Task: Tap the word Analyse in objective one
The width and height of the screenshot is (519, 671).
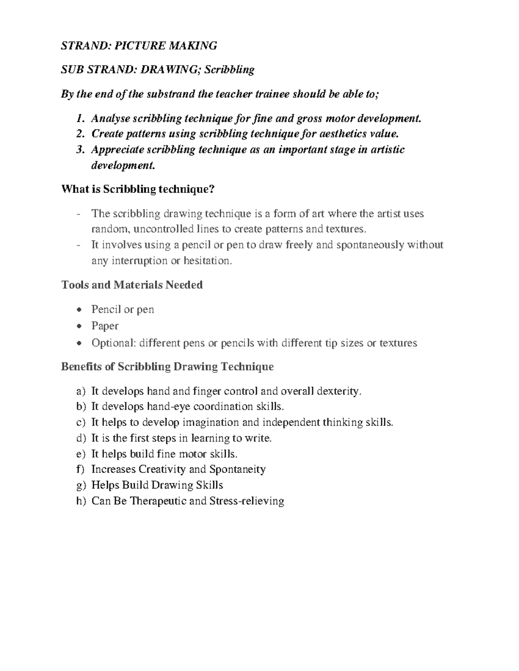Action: (x=111, y=118)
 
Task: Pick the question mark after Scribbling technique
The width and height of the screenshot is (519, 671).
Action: (x=211, y=189)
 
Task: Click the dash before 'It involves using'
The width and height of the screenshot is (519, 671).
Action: (x=78, y=245)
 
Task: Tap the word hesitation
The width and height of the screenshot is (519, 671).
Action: (x=208, y=261)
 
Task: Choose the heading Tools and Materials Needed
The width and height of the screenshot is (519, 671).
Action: (x=132, y=285)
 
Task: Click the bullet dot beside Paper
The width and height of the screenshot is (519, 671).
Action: (x=78, y=326)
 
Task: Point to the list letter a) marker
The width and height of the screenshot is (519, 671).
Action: (x=81, y=391)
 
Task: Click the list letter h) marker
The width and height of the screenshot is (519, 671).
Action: (x=81, y=501)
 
